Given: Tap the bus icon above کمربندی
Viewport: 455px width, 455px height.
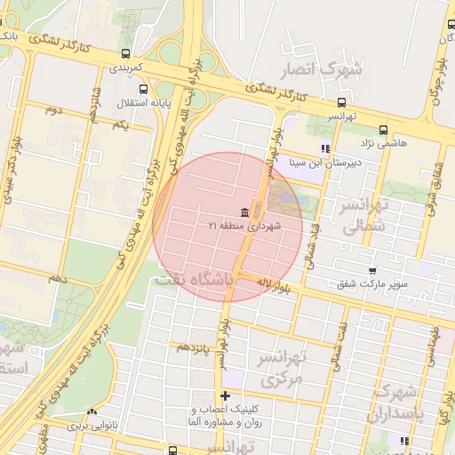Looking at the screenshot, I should point(125,53).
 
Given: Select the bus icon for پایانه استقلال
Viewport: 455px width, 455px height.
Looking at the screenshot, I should point(143,89).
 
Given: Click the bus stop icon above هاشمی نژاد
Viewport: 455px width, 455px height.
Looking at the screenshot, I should point(383,130).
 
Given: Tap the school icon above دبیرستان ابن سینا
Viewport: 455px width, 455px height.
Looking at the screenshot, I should point(326,148).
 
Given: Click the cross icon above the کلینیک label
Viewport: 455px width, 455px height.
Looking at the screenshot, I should point(226,395).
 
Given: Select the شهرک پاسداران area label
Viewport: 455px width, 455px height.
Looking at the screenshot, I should point(400,403).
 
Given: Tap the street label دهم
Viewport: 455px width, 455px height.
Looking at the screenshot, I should point(57,279).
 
